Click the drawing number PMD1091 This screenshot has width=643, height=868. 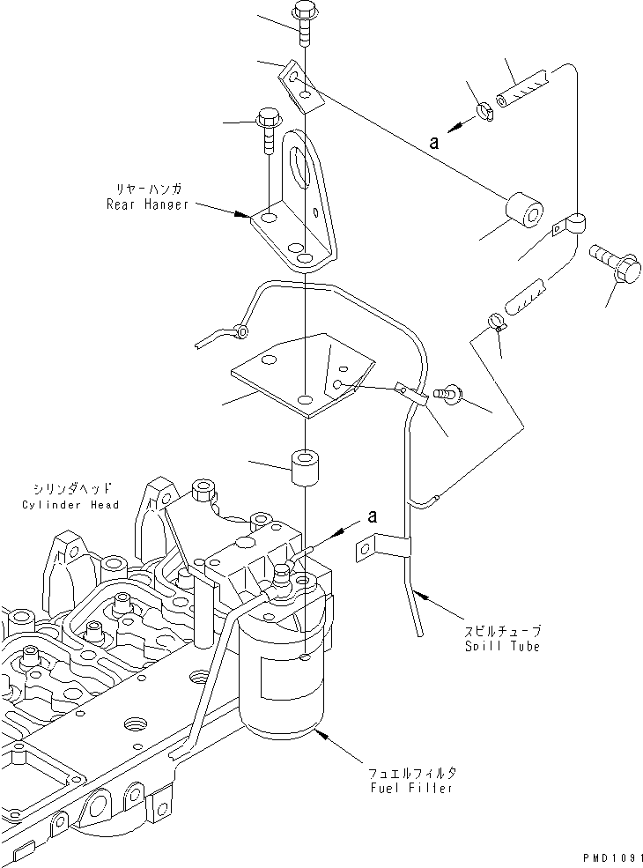coord(608,856)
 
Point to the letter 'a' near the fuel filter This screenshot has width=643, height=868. coord(372,517)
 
